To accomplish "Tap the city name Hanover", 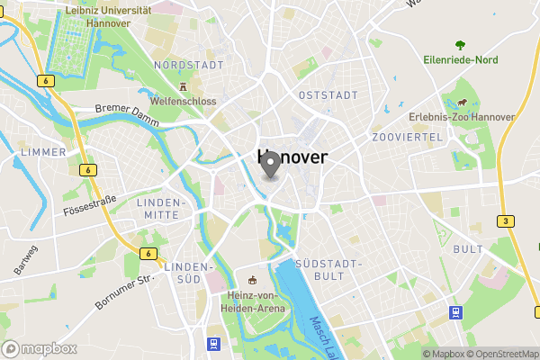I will [x=292, y=157].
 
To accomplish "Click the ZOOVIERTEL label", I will [x=407, y=137].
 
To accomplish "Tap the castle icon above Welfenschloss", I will [x=183, y=87].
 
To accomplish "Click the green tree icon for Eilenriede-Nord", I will [x=461, y=44].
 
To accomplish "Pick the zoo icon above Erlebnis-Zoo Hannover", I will [x=462, y=103].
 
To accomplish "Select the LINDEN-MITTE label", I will [x=162, y=209].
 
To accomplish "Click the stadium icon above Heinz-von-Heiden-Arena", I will [x=252, y=280].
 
